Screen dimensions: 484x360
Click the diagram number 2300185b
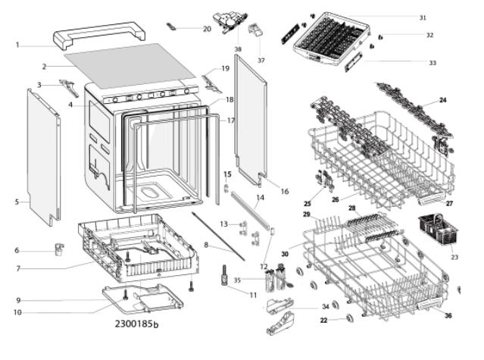pos(137,324)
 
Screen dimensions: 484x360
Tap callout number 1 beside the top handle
pos(17,45)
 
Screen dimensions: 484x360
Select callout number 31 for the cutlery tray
pos(423,17)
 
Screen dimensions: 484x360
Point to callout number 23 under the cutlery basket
pos(454,257)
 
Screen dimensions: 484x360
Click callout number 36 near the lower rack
pos(448,315)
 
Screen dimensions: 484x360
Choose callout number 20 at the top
pos(207,29)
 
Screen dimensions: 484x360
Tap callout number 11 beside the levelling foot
pos(253,295)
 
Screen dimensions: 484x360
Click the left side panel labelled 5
pos(43,157)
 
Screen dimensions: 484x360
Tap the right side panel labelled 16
pos(250,121)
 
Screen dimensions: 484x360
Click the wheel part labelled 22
pos(349,318)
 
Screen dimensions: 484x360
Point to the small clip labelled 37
pos(256,30)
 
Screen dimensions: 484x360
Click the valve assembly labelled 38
pos(230,22)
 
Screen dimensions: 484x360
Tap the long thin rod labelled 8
pos(218,236)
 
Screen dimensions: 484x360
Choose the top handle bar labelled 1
pos(99,35)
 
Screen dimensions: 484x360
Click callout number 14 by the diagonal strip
pos(261,197)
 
